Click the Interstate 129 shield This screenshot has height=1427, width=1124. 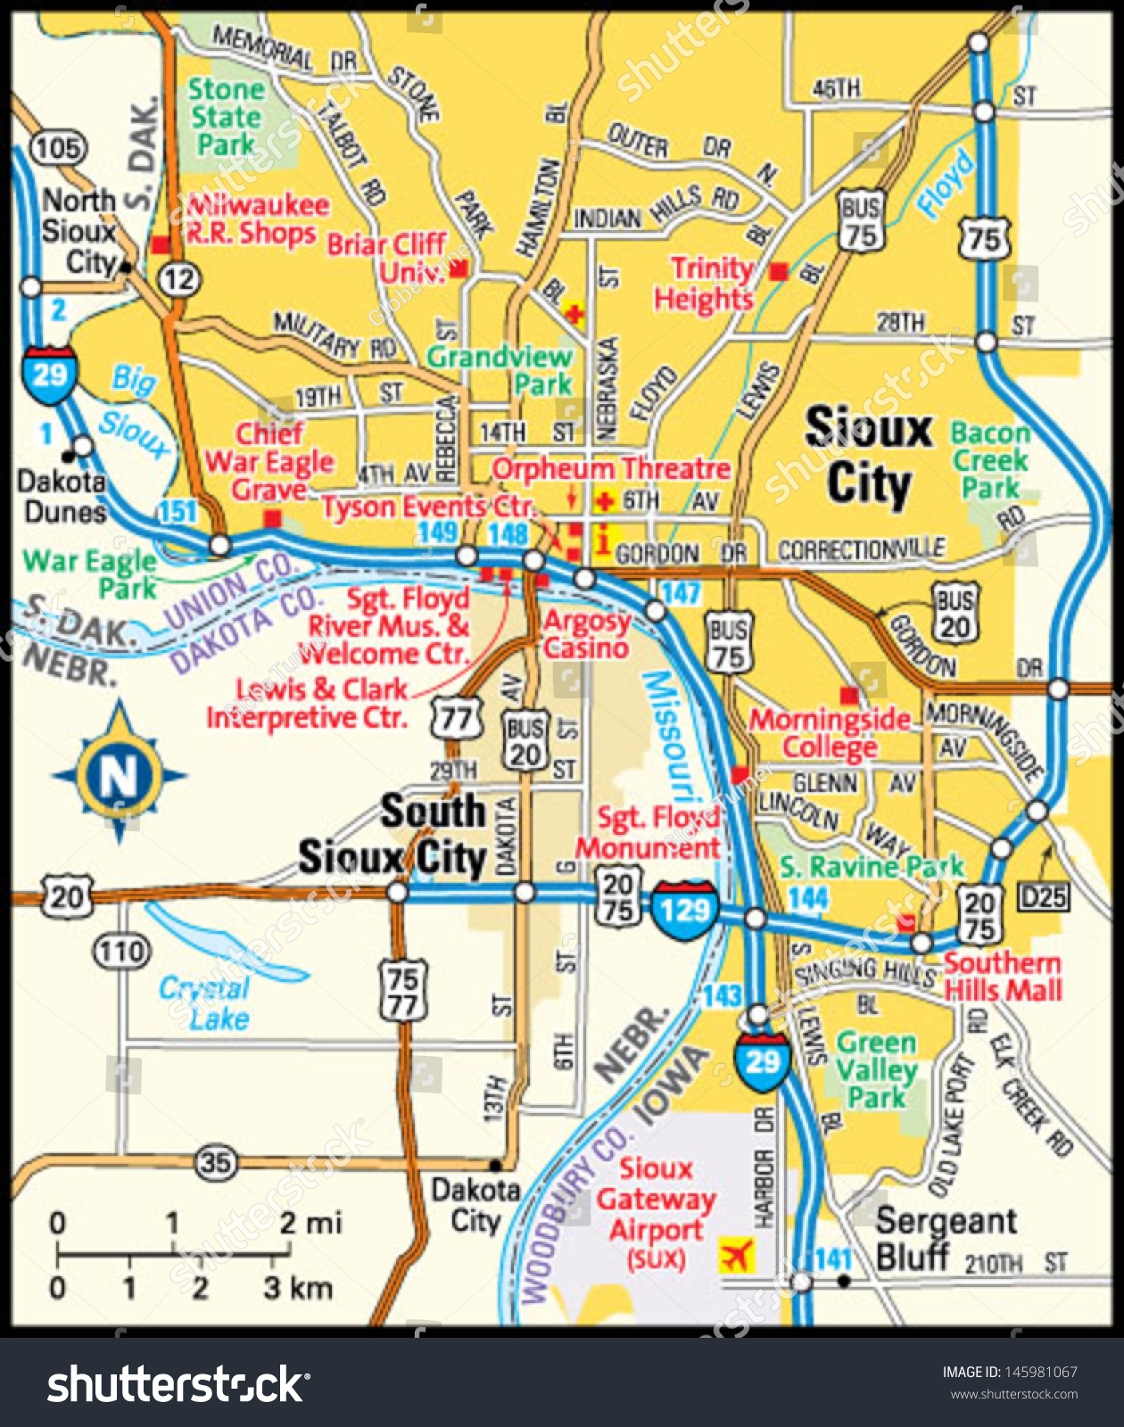tap(684, 909)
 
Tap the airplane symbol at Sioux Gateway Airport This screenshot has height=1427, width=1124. tap(737, 1255)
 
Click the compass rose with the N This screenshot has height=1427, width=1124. tap(119, 774)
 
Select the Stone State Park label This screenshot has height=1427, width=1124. tap(226, 116)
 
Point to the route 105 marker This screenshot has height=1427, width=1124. tap(59, 147)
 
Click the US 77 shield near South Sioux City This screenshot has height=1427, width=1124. tap(456, 719)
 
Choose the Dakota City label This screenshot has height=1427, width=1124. tap(475, 1204)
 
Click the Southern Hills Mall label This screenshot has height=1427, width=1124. tap(1003, 976)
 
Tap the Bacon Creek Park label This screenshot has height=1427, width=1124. tap(989, 460)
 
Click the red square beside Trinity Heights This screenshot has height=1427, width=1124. tap(779, 270)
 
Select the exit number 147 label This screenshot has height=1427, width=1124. tap(681, 592)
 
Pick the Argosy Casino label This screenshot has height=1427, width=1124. tap(586, 633)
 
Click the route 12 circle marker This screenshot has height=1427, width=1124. tap(178, 279)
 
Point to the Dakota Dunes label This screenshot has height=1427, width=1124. tap(62, 497)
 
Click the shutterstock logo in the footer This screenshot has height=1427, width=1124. tap(178, 1384)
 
